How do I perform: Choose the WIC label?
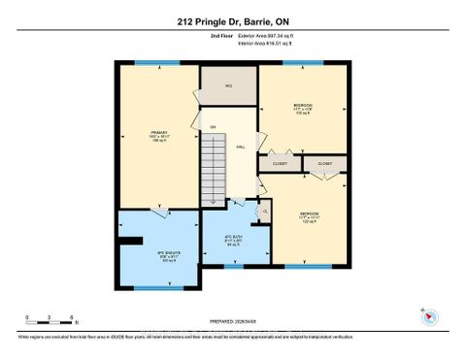click(229, 86)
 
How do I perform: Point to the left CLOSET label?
click(280, 164)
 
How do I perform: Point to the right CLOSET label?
click(324, 164)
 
